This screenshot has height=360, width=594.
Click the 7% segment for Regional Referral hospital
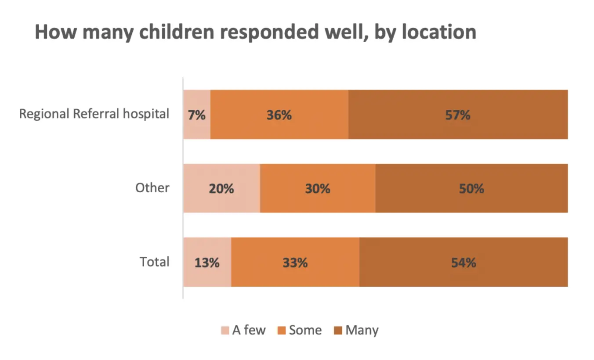point(197,115)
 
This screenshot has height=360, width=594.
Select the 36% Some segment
point(279,115)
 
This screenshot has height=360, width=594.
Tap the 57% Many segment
point(458,115)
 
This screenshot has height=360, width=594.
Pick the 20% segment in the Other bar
point(221,188)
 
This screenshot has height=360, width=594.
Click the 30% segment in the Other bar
point(318,188)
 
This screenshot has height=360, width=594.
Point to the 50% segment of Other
point(471,188)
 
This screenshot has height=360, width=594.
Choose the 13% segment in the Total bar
point(207,262)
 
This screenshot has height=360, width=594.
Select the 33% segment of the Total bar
point(295,262)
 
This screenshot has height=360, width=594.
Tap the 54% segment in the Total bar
point(464,262)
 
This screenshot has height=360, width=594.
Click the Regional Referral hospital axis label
point(94,114)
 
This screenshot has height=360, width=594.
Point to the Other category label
point(152,188)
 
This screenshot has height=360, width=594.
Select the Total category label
point(155,262)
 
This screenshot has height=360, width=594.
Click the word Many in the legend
point(362,330)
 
